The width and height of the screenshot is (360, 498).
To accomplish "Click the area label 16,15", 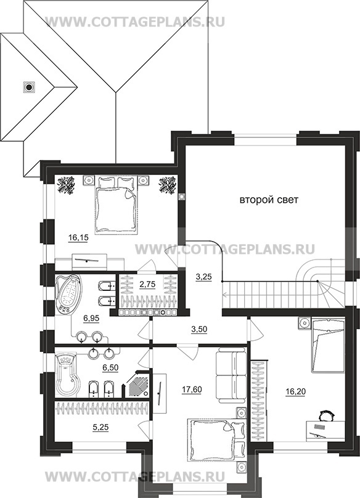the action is click(x=78, y=237).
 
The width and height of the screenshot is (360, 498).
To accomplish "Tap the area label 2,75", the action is click(x=147, y=284).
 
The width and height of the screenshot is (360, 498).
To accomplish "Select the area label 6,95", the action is click(x=91, y=318).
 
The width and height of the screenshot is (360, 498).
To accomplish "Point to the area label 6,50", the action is click(x=110, y=367).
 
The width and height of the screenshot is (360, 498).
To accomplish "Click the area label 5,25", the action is click(x=100, y=428).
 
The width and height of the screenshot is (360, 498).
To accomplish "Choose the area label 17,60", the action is click(x=192, y=390).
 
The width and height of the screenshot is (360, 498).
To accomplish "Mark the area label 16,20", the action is click(x=295, y=391).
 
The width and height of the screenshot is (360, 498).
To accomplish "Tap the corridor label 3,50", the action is click(x=199, y=329).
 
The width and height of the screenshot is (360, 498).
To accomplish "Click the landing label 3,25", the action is click(x=203, y=277).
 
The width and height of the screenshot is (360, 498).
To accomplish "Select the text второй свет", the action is click(x=269, y=200).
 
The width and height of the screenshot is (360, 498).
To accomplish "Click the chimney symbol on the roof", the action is click(x=29, y=86).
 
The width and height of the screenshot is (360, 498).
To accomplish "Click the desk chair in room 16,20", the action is click(x=327, y=415).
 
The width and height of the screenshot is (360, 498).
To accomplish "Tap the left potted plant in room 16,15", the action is click(x=66, y=185).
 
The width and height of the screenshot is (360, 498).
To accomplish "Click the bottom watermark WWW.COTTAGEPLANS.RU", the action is click(x=135, y=476).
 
